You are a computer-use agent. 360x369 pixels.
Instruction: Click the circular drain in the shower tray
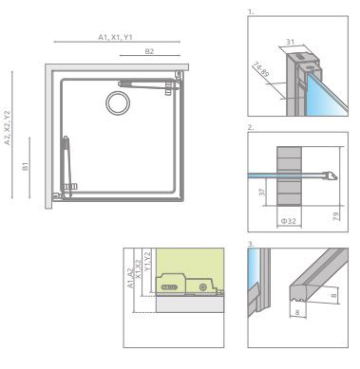pyautogui.click(x=120, y=102)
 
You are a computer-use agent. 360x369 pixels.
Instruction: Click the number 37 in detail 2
pyautogui.click(x=263, y=194)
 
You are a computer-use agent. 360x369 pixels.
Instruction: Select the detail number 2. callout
pyautogui.click(x=249, y=126)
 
